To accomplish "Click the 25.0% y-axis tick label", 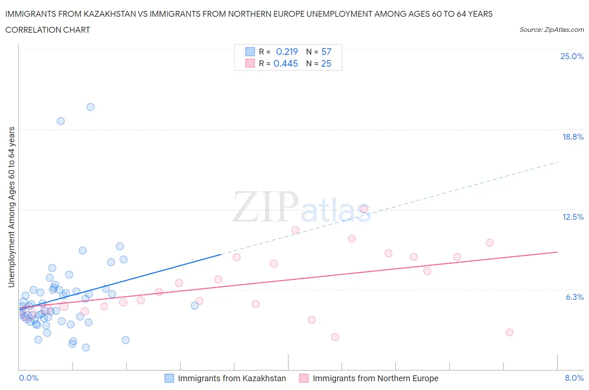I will point(572,56).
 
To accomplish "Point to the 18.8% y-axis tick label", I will point(573,137).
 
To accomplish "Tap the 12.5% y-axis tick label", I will point(573,217).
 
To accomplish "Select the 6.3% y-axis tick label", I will point(574,297).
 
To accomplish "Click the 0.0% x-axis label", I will point(28,378).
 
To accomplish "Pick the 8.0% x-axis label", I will point(574,378).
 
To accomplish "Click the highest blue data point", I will point(90,107).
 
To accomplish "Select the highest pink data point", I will point(364,209).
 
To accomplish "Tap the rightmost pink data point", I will point(509,332).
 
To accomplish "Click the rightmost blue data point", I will point(195,306).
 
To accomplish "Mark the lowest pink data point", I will point(335,337).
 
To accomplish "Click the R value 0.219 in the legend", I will point(287,52).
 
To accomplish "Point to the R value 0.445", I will point(286,63).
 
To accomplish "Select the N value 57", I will point(326,52).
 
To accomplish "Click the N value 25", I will point(326,63).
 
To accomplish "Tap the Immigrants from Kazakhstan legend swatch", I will point(169,378).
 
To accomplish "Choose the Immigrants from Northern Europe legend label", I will point(375,378).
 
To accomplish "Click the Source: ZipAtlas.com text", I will point(551,29).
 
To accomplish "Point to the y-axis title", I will point(12,207).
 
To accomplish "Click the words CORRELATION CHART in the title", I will point(48,30).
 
